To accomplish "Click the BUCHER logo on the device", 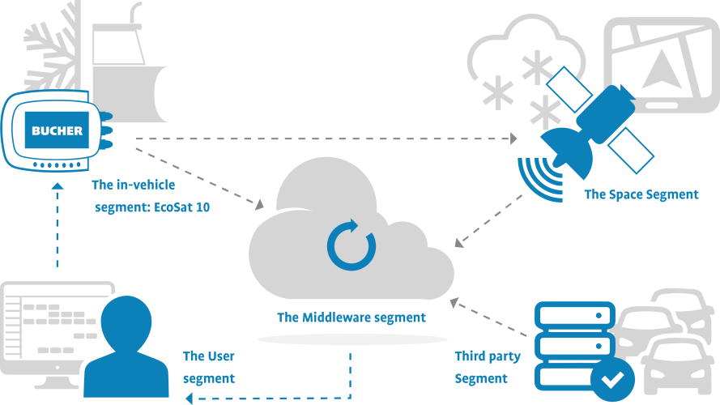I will point(57,130).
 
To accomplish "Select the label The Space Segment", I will point(641,194).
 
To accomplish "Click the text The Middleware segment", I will point(351,318).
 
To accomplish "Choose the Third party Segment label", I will point(487,367).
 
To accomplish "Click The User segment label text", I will point(208,367).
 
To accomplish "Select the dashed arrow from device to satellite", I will point(324,139).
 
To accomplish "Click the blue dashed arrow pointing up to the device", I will point(57,227).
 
